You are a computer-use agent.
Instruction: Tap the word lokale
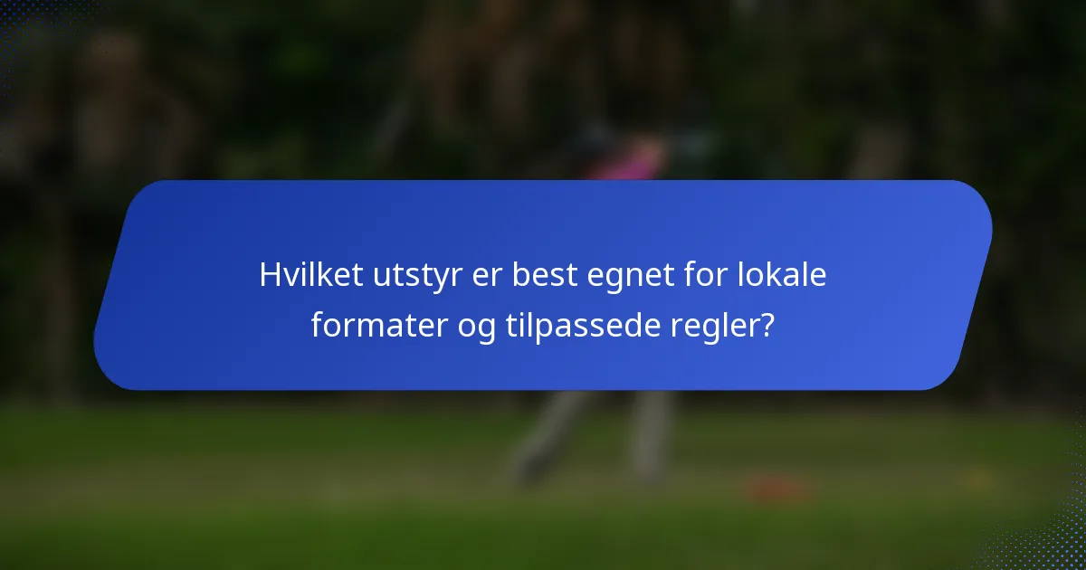[x=786, y=275]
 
